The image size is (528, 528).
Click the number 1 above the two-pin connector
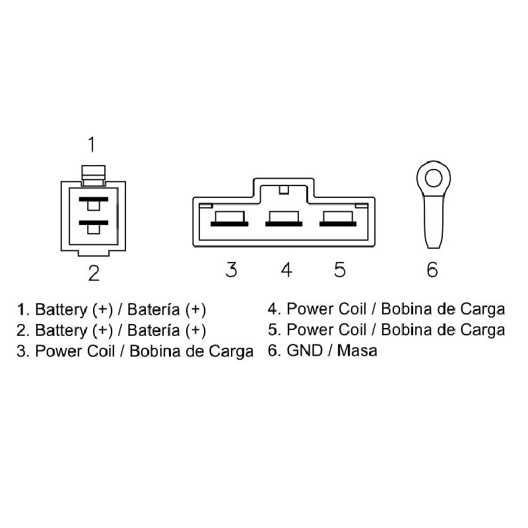[92, 143]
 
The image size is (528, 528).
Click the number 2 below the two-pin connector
[94, 273]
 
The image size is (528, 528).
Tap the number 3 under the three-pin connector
[231, 269]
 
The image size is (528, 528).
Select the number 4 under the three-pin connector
[286, 269]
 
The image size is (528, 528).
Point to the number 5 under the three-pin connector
[339, 269]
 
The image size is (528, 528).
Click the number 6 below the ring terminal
[432, 269]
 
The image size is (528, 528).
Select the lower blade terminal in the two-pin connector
[92, 223]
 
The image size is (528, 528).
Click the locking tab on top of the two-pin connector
[92, 173]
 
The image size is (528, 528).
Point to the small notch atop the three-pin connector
[284, 191]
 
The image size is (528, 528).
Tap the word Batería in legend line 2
[154, 330]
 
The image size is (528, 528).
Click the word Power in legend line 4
[308, 309]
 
